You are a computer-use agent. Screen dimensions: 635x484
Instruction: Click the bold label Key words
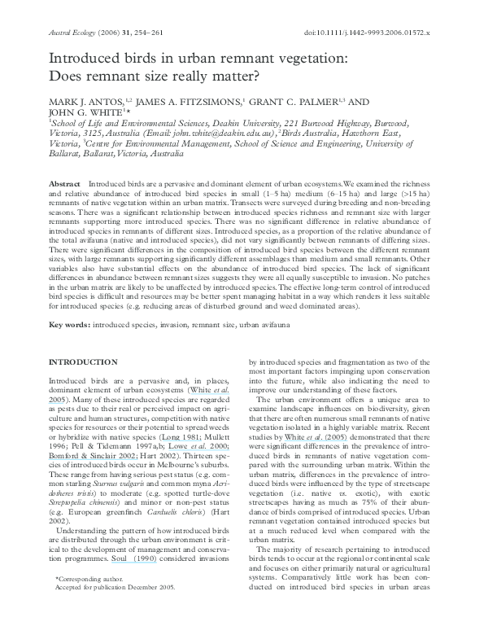pos(68,325)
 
